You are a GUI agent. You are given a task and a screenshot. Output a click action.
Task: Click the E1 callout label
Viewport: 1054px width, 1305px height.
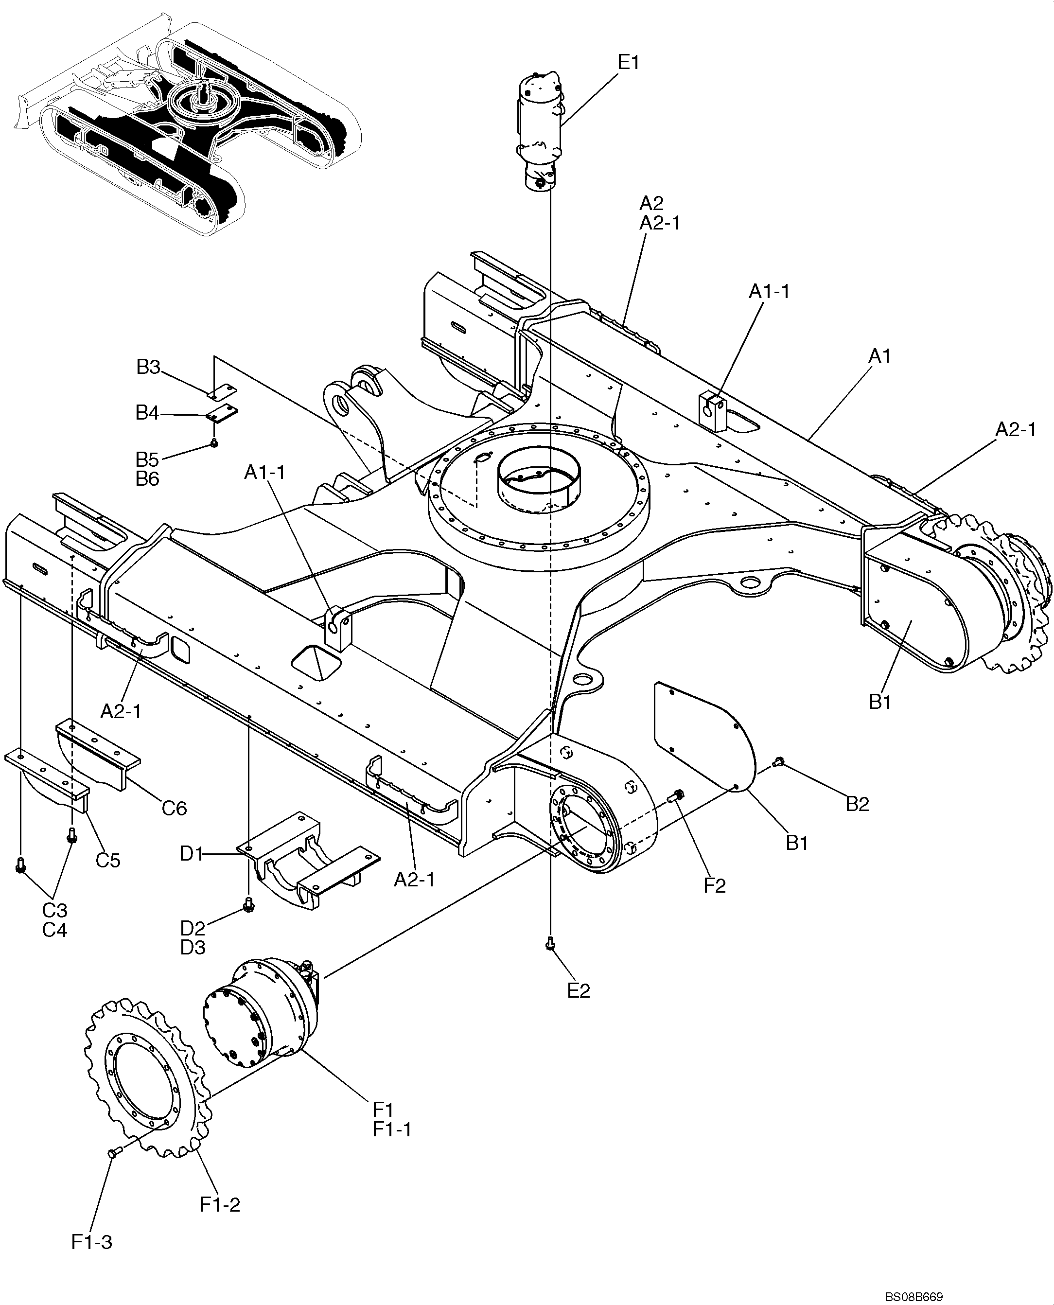coord(629,63)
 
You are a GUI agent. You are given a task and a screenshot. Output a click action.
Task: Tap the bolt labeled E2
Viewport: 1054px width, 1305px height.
coord(550,943)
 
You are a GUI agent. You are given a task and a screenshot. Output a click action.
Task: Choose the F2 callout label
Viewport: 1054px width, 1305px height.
coord(715,886)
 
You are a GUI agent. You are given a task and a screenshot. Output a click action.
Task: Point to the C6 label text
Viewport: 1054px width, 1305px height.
coord(174,808)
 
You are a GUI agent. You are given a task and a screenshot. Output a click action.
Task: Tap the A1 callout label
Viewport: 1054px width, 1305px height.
coord(879,356)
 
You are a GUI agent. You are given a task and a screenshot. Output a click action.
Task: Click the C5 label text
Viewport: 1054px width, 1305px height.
coord(108,860)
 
